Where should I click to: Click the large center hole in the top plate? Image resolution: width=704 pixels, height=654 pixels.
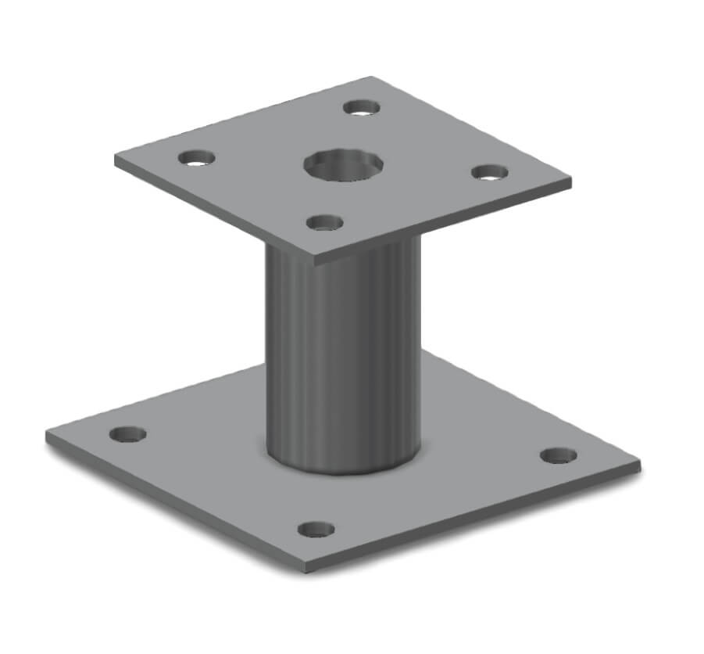click(344, 164)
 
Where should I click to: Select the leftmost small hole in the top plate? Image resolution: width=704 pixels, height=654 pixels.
click(197, 157)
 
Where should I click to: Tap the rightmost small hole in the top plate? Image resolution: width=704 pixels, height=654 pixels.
click(490, 172)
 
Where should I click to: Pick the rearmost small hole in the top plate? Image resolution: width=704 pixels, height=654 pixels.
click(362, 106)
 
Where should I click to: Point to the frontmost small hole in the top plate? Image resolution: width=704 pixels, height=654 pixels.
click(325, 222)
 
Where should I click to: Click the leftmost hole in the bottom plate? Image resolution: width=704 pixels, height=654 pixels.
click(127, 433)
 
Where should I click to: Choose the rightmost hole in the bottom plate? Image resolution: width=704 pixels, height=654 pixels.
click(559, 455)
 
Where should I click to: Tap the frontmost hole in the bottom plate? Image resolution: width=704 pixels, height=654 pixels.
click(316, 529)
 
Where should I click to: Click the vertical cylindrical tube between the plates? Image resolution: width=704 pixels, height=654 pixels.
click(344, 352)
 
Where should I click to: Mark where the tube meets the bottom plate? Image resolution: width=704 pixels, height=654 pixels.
click(344, 469)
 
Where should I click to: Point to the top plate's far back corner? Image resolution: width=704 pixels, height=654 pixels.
click(372, 77)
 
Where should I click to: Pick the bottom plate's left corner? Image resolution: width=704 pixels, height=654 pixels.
click(47, 435)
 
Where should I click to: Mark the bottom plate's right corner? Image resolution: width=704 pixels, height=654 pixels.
click(639, 465)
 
